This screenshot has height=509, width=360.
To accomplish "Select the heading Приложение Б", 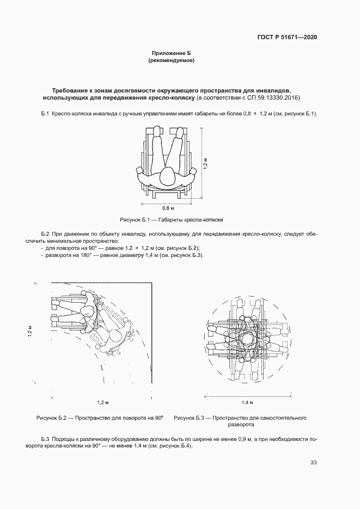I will [171, 53].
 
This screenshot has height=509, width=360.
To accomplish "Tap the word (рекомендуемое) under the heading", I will [171, 61].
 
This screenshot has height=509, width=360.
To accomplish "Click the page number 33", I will [313, 463].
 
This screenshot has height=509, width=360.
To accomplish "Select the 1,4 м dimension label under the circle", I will [248, 403].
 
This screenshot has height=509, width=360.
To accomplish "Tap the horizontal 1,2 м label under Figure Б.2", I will [103, 402].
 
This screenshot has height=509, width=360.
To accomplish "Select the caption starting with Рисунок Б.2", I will [100, 418].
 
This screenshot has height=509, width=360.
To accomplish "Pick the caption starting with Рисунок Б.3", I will [240, 421].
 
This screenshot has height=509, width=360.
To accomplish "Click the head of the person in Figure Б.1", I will [167, 176].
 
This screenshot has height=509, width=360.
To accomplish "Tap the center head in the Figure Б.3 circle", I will [248, 340].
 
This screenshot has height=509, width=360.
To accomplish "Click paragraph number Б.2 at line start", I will [45, 233].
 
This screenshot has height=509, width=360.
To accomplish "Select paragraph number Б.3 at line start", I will [45, 438].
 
